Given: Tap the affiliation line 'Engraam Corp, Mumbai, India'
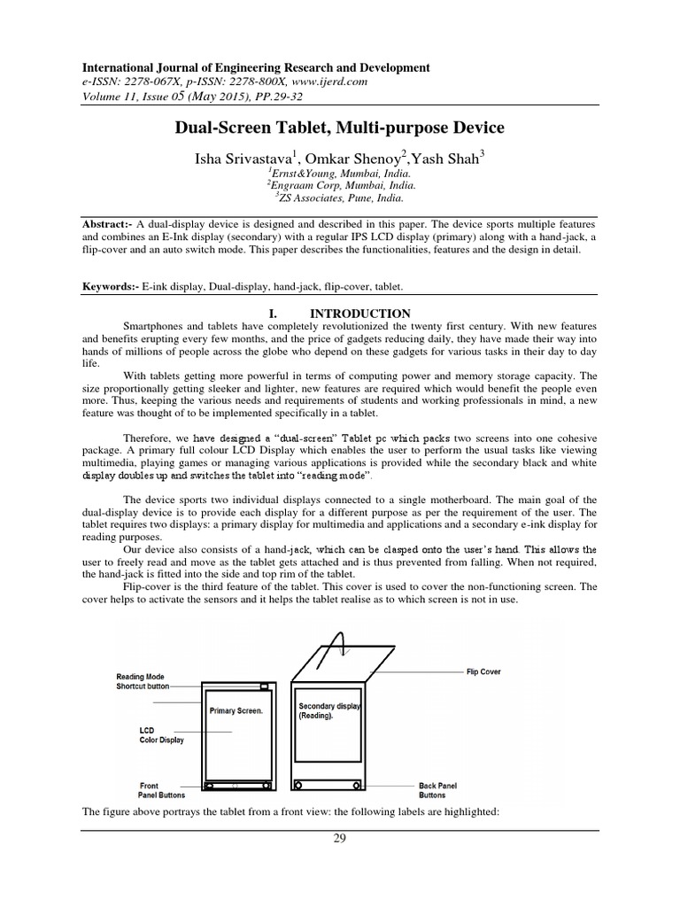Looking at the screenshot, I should (339, 186).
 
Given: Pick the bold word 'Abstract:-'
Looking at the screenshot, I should (112, 225).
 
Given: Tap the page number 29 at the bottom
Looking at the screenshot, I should (339, 840).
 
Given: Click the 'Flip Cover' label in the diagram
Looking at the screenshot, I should (483, 671).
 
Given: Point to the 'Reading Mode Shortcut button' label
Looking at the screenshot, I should (142, 681).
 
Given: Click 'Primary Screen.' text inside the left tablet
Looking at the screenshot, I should (236, 710).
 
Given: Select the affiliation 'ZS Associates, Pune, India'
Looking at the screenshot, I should (339, 198).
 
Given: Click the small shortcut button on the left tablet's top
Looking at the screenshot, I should (263, 686).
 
